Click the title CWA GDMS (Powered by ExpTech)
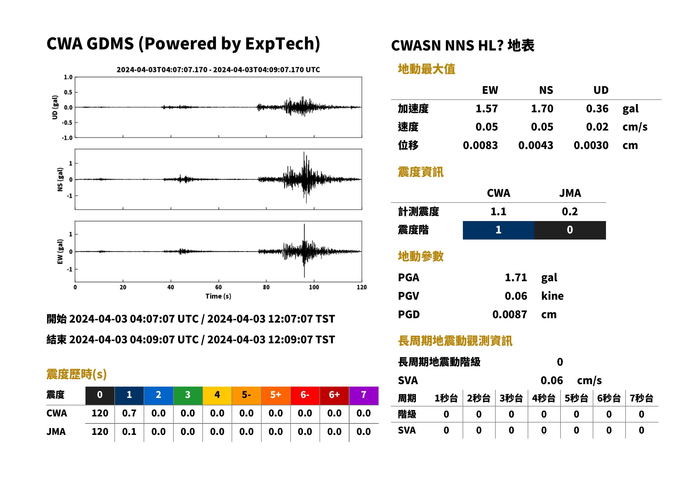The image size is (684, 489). [x=183, y=44]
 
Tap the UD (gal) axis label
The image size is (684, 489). [x=55, y=107]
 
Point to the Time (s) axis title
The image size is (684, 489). [x=218, y=296]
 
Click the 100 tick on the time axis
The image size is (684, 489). [x=314, y=287]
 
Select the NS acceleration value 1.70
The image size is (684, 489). [x=542, y=108]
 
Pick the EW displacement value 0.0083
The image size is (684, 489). [x=480, y=145]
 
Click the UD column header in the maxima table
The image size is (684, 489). [x=601, y=90]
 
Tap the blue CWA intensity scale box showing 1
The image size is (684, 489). [x=498, y=230]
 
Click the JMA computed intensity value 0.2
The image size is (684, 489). [x=570, y=211]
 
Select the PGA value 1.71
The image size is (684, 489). [x=516, y=277]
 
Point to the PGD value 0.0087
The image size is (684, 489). [x=509, y=314]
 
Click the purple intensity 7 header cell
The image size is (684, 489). [x=364, y=395]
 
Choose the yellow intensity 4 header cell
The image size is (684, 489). [x=217, y=395]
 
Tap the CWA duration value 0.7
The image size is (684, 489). [x=129, y=413]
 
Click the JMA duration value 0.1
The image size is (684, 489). [x=129, y=432]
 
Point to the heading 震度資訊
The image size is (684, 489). [x=420, y=172]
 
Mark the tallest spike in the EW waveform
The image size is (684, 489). [x=304, y=224]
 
